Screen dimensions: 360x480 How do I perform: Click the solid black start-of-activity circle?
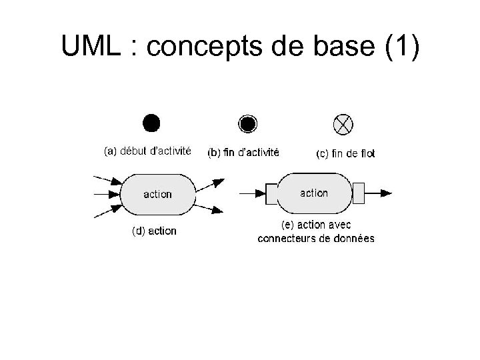(151, 123)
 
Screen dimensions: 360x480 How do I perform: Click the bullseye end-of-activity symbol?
(247, 123)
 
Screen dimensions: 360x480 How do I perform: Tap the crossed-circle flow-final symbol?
(343, 123)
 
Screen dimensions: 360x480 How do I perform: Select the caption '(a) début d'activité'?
(148, 151)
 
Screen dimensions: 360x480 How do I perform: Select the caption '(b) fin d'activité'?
(243, 153)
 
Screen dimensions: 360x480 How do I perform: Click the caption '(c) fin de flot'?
(345, 153)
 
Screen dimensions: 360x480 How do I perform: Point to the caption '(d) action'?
(154, 231)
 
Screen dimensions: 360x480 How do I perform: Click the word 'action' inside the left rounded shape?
(158, 195)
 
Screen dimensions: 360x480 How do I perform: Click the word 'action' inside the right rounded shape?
(314, 193)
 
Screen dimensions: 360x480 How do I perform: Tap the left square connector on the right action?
(271, 193)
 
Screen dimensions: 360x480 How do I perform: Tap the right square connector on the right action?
(359, 193)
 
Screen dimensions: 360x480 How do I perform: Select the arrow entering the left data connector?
(251, 193)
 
